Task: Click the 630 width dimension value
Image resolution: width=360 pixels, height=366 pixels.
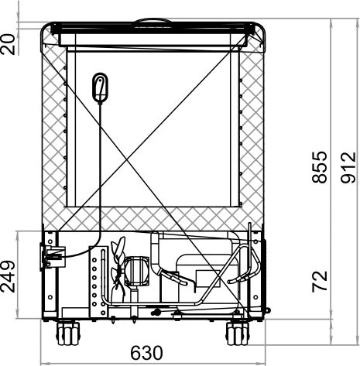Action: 146,353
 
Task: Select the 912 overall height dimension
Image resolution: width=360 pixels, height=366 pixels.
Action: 348,168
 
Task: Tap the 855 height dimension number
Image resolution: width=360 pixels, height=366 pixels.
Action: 320,167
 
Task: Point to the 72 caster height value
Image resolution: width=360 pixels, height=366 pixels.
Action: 320,282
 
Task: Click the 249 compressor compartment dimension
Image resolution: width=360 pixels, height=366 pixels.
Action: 8,276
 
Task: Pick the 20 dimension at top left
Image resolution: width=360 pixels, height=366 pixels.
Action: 8,44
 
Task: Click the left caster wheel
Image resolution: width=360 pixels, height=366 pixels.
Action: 68,334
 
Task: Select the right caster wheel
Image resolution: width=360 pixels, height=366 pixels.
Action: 238,334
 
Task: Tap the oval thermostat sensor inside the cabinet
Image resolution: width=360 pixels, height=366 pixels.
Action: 100,87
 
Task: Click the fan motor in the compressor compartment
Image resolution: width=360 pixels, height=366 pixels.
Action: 137,271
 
